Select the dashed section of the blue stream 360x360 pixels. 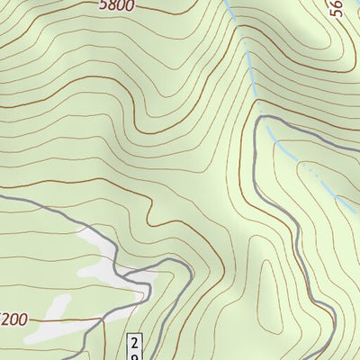pyautogui.click(x=315, y=175)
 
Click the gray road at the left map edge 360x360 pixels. pyautogui.click(x=3, y=196)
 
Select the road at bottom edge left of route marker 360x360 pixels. pyautogui.click(x=90, y=356)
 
